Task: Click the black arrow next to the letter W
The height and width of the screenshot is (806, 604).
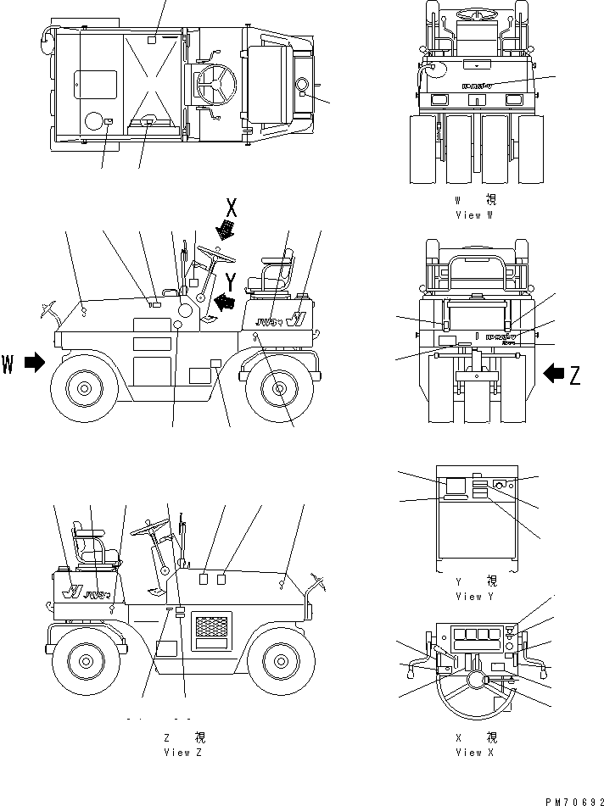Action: [34, 363]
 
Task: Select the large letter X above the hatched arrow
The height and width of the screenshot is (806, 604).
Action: [230, 206]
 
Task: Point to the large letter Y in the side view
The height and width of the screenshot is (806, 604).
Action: [230, 281]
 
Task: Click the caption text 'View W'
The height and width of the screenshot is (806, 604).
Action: [468, 214]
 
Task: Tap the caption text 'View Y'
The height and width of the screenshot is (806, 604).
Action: [468, 596]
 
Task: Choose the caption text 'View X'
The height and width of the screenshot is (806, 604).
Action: [468, 752]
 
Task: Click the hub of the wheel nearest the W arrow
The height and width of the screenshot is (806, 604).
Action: [85, 389]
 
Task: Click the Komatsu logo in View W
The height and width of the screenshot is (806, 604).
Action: [477, 85]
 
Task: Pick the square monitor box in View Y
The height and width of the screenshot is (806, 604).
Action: [456, 486]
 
